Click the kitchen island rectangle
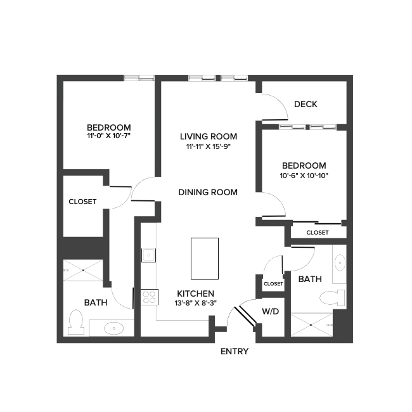coord(205,259)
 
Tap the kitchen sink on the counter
coord(148,255)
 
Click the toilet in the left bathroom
coord(75,322)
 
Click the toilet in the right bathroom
coord(332,297)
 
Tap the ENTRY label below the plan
coord(234,352)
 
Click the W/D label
coord(271,311)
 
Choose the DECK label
coord(306,105)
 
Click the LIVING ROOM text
coord(209,136)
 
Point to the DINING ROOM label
coord(208,192)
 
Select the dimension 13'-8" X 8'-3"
coord(196,303)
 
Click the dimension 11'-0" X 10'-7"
coord(108,136)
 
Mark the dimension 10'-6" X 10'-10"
coord(304,176)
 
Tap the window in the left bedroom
coord(139,78)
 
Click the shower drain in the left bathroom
coord(83,269)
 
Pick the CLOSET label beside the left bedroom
coord(82,202)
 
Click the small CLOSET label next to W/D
coord(273,284)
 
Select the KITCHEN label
coord(195,293)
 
